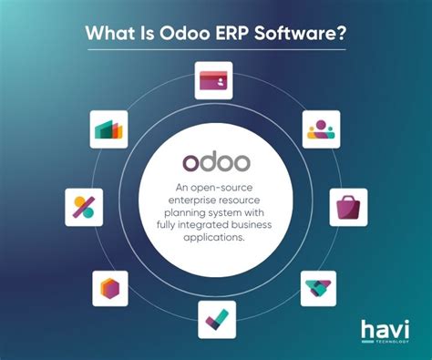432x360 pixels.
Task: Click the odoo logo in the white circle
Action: tap(215, 160)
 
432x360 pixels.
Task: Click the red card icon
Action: tap(215, 80)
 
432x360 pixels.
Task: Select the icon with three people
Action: tap(321, 129)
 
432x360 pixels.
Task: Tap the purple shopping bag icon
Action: tap(347, 206)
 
